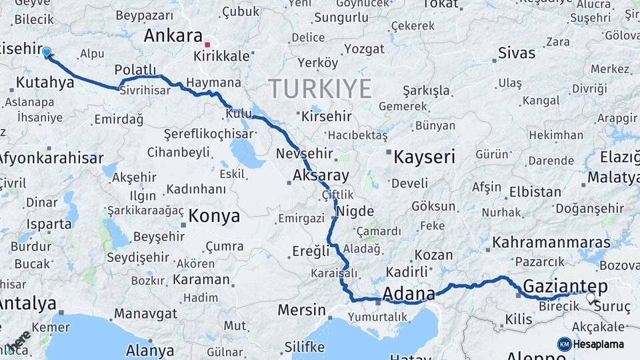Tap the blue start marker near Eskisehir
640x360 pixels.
tap(47, 52)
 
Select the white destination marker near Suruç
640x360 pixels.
tap(590, 297)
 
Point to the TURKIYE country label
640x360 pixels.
tap(319, 88)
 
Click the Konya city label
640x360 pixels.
tap(213, 216)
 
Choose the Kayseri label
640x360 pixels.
tap(425, 157)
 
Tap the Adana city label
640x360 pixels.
tap(409, 293)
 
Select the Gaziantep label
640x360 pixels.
tap(565, 286)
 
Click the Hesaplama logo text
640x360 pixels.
tap(599, 344)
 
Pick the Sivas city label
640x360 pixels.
tap(517, 53)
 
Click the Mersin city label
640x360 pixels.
tap(301, 310)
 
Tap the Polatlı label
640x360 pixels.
tap(135, 70)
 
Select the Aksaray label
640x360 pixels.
tap(321, 176)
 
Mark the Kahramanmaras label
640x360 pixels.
tap(551, 242)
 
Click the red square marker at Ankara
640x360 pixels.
tap(208, 45)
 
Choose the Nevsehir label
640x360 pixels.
tap(303, 154)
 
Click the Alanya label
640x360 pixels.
tap(150, 350)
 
